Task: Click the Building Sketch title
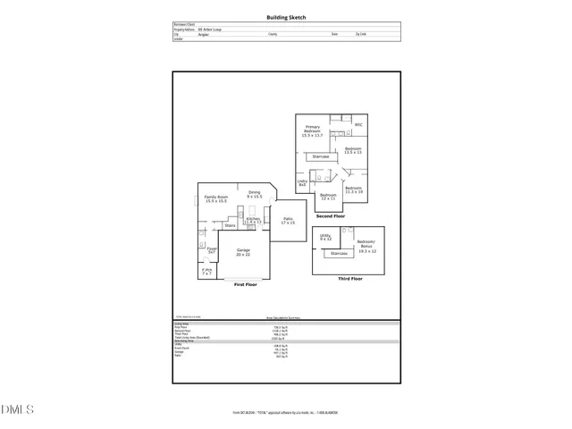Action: [286, 17]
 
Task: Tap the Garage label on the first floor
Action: [243, 253]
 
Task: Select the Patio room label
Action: [288, 221]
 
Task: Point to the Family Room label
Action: [215, 198]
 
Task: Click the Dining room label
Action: [254, 194]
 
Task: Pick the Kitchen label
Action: [253, 220]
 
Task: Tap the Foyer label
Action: [212, 250]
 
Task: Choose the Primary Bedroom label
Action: [312, 132]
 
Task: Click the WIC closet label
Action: [358, 124]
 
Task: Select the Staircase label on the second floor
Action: [320, 156]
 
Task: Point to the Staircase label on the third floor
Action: [339, 253]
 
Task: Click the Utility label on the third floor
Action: [325, 238]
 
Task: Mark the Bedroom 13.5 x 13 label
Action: [353, 150]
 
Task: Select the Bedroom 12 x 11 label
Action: [328, 196]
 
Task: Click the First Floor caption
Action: [246, 284]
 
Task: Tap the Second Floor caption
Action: [331, 216]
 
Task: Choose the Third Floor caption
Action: [349, 279]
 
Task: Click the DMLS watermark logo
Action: [18, 409]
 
